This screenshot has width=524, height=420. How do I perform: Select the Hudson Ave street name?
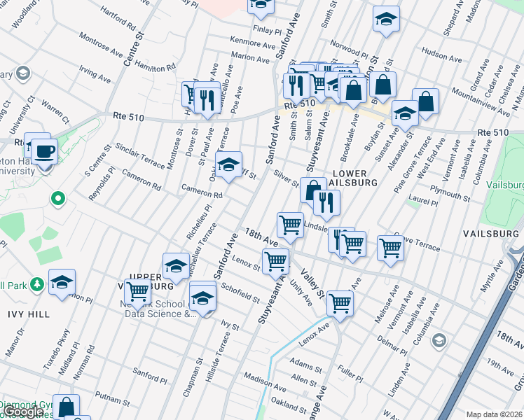tap(439, 54)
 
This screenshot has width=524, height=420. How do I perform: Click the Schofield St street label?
tap(240, 292)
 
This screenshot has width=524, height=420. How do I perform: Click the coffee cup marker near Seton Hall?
tap(46, 150)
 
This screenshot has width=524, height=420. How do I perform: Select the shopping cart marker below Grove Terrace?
tap(390, 247)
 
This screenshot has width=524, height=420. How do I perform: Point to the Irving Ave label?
tap(95, 74)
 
